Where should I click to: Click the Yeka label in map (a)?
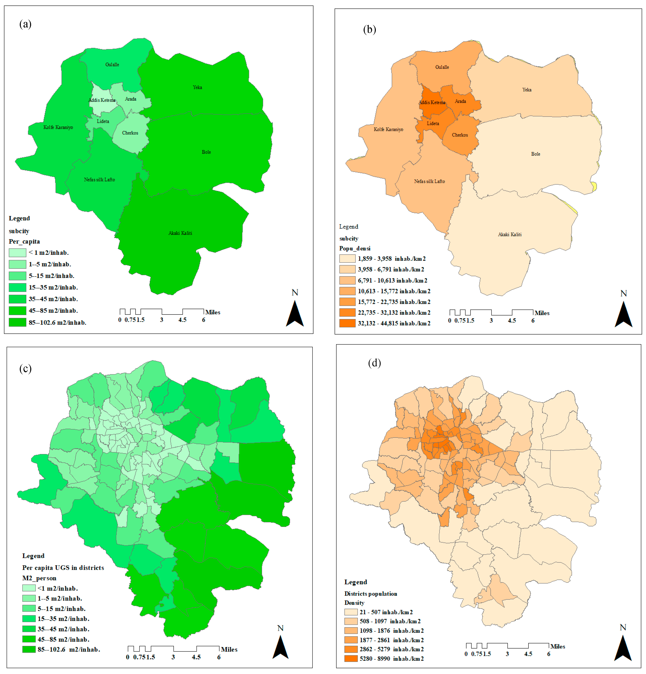tap(197, 87)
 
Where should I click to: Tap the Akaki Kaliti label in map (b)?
tap(509, 234)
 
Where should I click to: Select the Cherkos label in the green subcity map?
tap(130, 133)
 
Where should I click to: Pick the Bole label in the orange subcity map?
tap(535, 154)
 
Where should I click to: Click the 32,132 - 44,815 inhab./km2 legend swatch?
tap(347, 323)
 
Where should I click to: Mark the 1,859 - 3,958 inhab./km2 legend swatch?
tap(347, 259)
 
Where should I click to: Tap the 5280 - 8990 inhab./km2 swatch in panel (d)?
tap(351, 658)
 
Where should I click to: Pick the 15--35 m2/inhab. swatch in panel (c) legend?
tap(29, 619)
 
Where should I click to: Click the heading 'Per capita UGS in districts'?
tap(63, 568)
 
